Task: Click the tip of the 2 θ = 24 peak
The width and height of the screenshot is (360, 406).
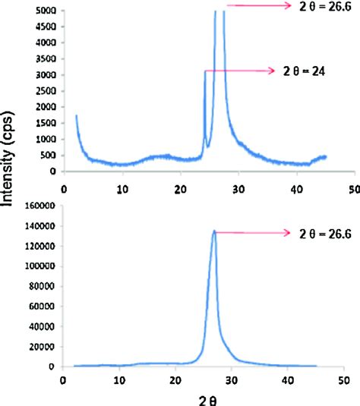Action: pyautogui.click(x=205, y=71)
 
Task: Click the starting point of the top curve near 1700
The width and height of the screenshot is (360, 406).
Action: pyautogui.click(x=77, y=115)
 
